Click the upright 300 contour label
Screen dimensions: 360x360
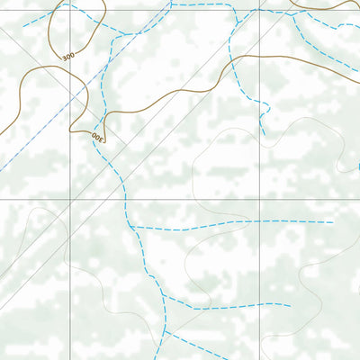coord(67,57)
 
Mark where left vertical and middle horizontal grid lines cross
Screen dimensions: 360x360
coord(71,200)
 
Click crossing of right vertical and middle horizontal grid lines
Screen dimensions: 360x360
coord(260,200)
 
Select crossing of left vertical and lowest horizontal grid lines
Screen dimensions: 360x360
coord(71,312)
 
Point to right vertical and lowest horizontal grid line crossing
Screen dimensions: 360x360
coord(260,312)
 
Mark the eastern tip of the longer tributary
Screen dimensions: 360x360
coord(334,221)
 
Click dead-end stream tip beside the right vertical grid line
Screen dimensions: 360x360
coord(264,136)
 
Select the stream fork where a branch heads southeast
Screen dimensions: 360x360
coord(167,330)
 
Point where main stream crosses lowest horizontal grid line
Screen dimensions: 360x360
coord(166,312)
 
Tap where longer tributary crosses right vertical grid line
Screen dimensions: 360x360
coord(260,220)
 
